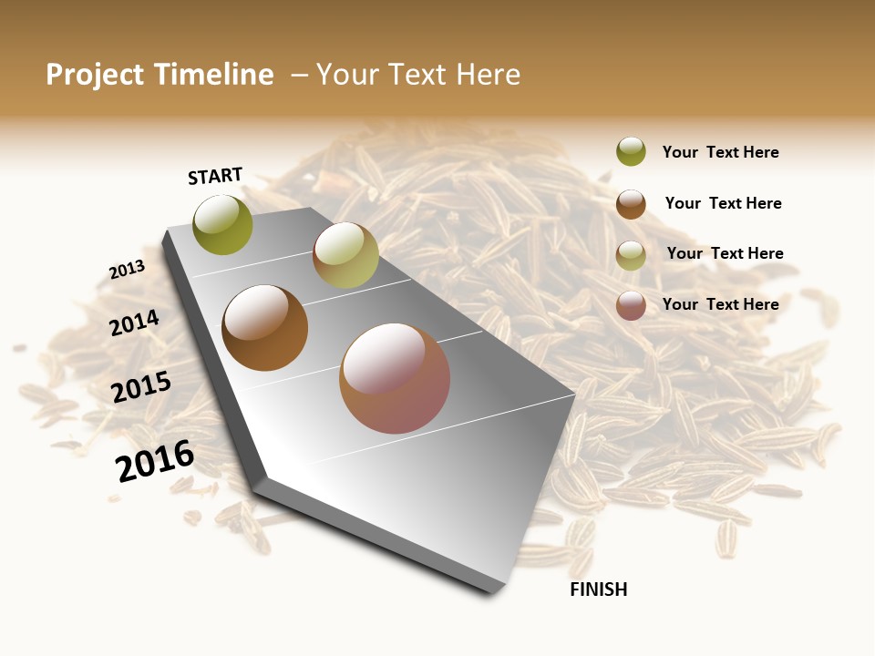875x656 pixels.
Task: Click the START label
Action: pos(215,176)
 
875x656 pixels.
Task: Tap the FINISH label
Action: pos(598,589)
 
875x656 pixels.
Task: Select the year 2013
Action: pos(127,270)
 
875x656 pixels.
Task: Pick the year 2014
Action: pos(134,323)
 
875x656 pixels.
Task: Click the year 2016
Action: pos(155,461)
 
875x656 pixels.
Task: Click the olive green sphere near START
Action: pos(222,224)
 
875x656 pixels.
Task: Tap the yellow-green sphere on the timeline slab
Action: pos(345,255)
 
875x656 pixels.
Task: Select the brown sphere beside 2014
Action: pos(264,328)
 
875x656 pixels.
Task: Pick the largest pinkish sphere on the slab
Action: pos(395,378)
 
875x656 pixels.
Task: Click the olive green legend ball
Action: pos(631,151)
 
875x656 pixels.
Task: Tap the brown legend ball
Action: pos(631,204)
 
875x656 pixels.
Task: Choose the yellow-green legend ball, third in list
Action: pos(631,255)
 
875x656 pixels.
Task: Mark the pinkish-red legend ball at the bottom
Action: pos(631,305)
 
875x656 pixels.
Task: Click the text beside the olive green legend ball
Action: pos(720,153)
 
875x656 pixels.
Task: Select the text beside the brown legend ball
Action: pos(723,203)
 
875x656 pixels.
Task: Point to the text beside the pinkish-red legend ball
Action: pos(720,304)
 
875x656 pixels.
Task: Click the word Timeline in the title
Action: pos(213,75)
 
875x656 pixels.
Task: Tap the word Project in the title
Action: pos(95,75)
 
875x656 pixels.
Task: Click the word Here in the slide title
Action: pos(488,75)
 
